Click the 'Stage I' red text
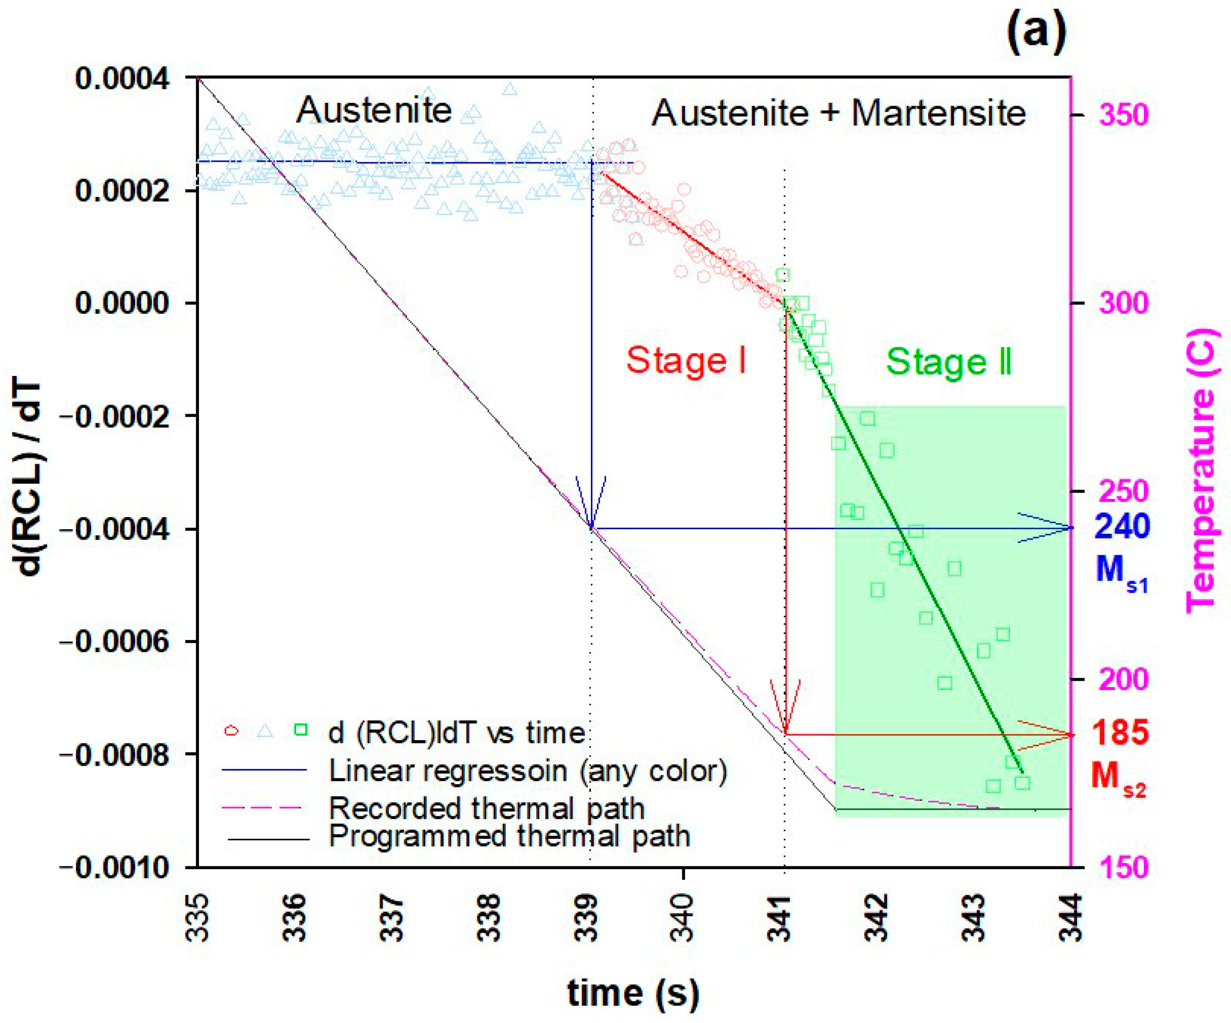(686, 360)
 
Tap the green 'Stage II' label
(948, 361)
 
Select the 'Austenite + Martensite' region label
(839, 113)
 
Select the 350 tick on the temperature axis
(1123, 115)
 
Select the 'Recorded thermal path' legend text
(487, 808)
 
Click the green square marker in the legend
(301, 729)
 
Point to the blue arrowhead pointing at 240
(1055, 528)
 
